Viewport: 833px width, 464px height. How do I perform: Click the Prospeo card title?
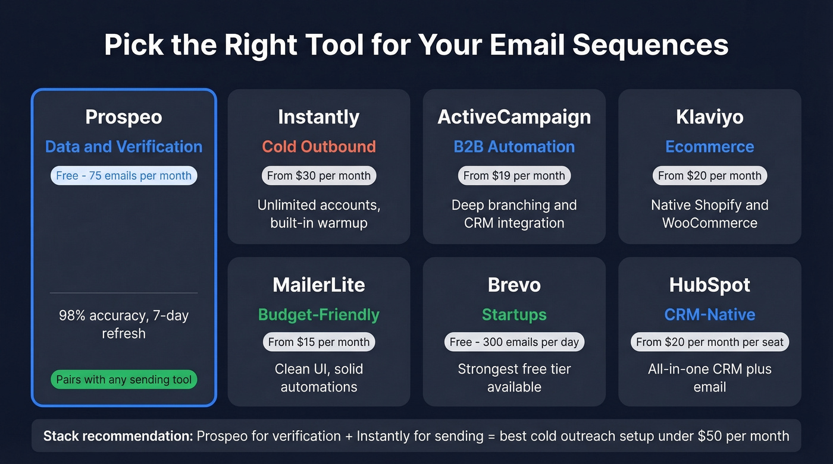pyautogui.click(x=124, y=117)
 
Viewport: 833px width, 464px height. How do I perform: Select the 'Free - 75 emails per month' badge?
pyautogui.click(x=124, y=175)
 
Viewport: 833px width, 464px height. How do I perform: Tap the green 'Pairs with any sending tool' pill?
pyautogui.click(x=124, y=380)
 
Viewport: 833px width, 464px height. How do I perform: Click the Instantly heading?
pyautogui.click(x=318, y=117)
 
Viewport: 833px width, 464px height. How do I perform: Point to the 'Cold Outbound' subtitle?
pyautogui.click(x=318, y=147)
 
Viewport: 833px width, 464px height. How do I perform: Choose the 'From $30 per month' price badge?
pyautogui.click(x=318, y=175)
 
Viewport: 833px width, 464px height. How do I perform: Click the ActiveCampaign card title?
pyautogui.click(x=514, y=117)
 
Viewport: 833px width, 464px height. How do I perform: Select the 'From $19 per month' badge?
pyautogui.click(x=514, y=175)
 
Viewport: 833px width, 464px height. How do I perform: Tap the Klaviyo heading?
pyautogui.click(x=709, y=117)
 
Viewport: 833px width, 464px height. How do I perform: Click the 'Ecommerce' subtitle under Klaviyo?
pyautogui.click(x=709, y=147)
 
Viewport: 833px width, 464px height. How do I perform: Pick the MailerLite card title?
pyautogui.click(x=318, y=285)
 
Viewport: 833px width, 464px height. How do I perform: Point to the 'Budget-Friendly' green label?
pyautogui.click(x=318, y=314)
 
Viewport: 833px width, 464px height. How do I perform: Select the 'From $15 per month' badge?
pyautogui.click(x=318, y=342)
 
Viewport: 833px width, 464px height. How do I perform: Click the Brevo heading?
pyautogui.click(x=514, y=285)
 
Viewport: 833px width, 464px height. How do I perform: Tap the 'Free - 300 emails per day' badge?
pyautogui.click(x=514, y=342)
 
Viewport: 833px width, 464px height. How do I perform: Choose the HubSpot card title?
pyautogui.click(x=709, y=285)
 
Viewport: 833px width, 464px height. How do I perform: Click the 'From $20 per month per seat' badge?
pyautogui.click(x=709, y=342)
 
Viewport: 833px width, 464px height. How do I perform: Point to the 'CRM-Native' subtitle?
pyautogui.click(x=709, y=314)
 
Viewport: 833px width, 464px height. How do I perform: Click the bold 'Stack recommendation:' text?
pyautogui.click(x=118, y=436)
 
